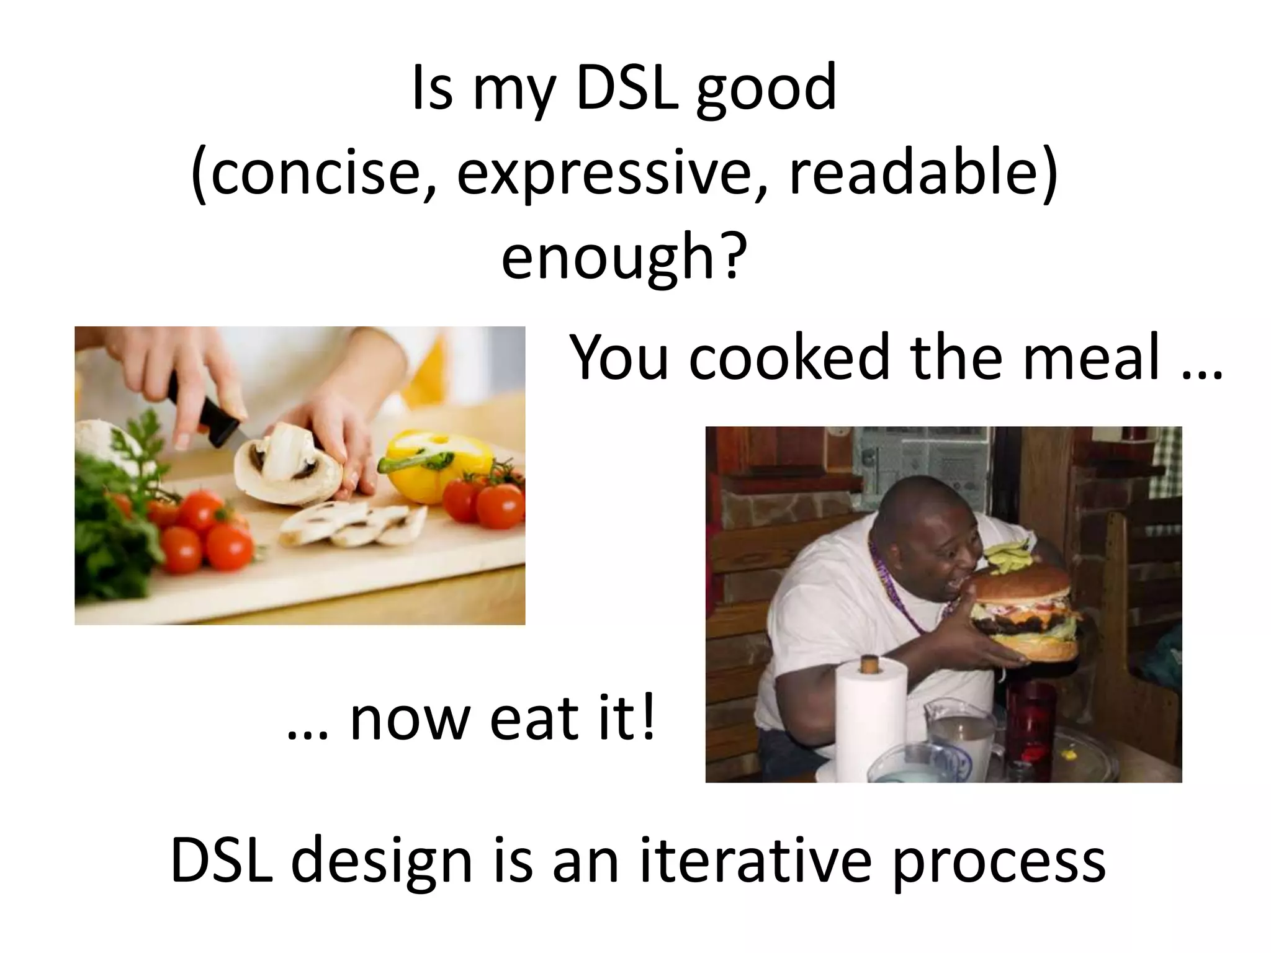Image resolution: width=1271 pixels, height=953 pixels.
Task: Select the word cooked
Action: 789,359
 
